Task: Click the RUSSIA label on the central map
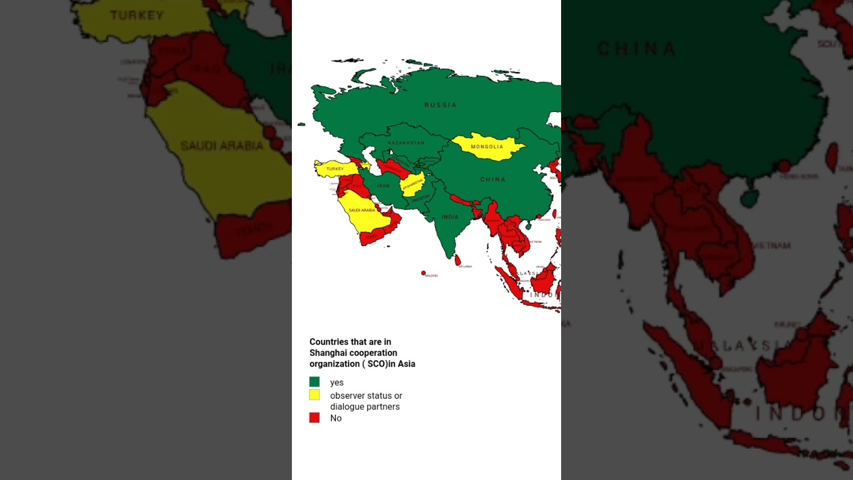(x=440, y=105)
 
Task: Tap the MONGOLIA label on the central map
(x=487, y=147)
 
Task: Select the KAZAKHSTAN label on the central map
(x=406, y=143)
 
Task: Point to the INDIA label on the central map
(x=450, y=217)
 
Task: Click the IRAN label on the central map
(x=383, y=186)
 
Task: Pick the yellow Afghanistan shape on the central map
(x=413, y=184)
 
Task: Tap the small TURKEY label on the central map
(x=335, y=169)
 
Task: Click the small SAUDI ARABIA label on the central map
(x=362, y=211)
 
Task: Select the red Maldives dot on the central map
(x=423, y=273)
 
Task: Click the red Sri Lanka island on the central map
(x=457, y=260)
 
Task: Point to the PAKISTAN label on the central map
(x=421, y=199)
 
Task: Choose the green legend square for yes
(x=315, y=382)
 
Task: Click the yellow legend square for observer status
(x=315, y=395)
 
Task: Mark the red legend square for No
(x=315, y=418)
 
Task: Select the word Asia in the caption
(x=406, y=364)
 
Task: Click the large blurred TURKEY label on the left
(x=137, y=15)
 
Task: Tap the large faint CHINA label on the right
(x=636, y=49)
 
